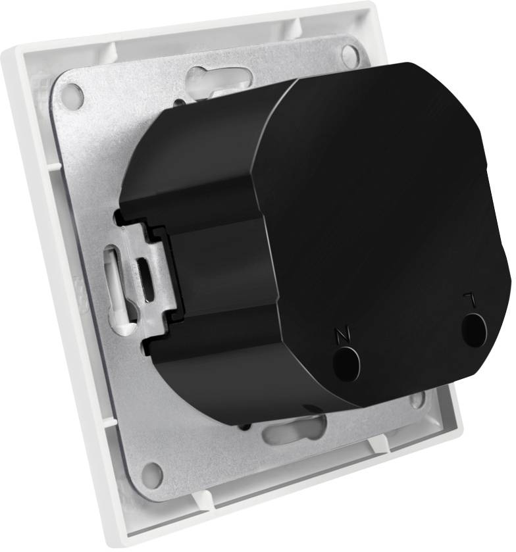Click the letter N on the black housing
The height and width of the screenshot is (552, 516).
pyautogui.click(x=341, y=334)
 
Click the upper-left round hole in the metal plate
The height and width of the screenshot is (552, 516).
pyautogui.click(x=72, y=97)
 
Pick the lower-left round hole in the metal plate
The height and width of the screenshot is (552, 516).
pyautogui.click(x=151, y=474)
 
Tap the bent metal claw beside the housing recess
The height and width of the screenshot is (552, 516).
pyautogui.click(x=142, y=276)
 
